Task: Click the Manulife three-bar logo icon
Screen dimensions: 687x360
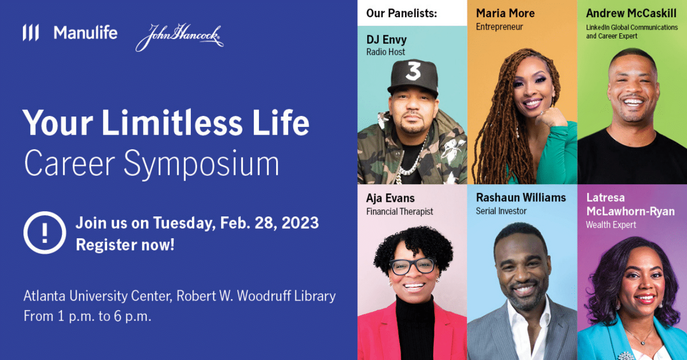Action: pos(31,33)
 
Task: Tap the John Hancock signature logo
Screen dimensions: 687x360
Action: pos(179,37)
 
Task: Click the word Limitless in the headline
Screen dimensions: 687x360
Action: pos(172,123)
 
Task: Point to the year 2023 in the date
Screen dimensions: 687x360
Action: pos(300,223)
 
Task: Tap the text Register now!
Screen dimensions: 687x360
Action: pos(125,245)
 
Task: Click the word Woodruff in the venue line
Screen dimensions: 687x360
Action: pos(264,296)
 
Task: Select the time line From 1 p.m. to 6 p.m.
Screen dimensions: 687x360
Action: pos(87,316)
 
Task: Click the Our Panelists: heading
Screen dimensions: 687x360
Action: pos(401,13)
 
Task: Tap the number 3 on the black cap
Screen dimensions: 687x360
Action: pos(413,71)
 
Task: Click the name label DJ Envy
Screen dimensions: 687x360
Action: pos(386,40)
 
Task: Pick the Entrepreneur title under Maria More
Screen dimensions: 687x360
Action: pos(499,27)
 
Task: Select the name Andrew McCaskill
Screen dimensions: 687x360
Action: pos(631,13)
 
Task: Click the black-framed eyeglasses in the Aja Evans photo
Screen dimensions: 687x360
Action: pos(413,266)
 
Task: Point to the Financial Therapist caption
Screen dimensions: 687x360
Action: pos(399,211)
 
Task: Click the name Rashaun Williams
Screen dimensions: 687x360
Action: pos(521,198)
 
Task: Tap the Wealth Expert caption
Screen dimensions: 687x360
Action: pos(611,225)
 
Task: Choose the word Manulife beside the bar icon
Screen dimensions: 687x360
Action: pos(86,33)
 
